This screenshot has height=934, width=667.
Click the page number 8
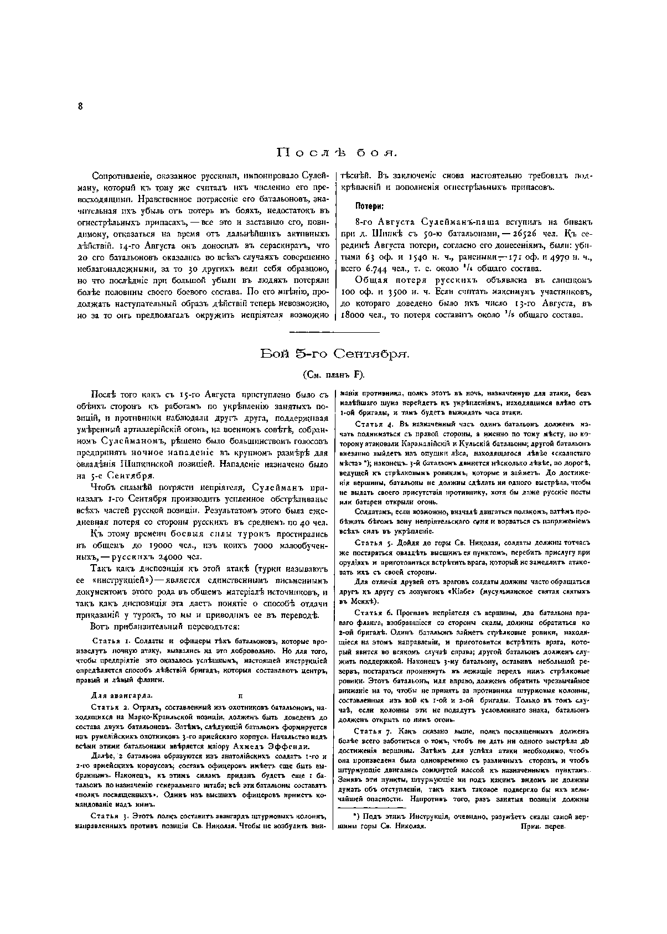click(x=80, y=107)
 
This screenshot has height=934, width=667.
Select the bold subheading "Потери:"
click(x=369, y=206)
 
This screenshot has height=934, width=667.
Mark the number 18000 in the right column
click(x=354, y=315)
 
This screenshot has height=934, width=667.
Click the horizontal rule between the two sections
click(x=334, y=332)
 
